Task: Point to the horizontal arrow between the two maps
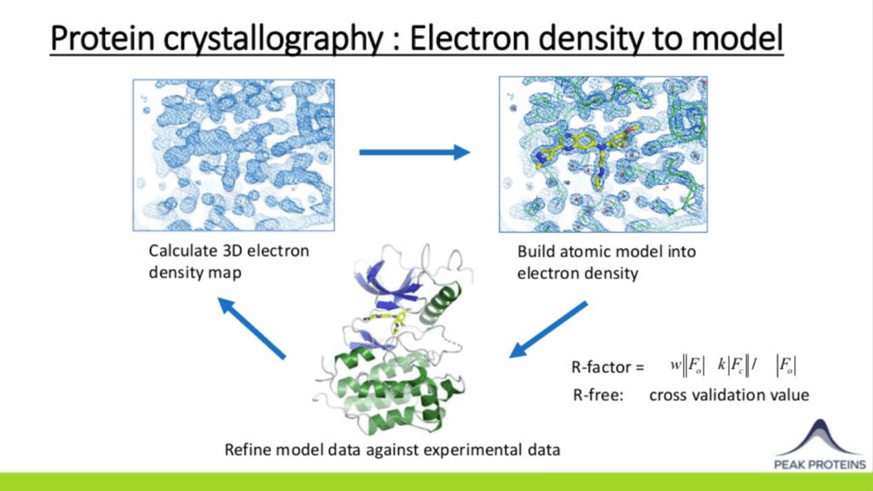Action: coord(415,152)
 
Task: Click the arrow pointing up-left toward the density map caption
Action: coord(251,328)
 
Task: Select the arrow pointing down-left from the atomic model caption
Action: coord(548,330)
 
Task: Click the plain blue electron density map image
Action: coord(234,155)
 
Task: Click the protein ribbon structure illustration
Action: coord(392,339)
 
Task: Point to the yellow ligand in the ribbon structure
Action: coord(390,321)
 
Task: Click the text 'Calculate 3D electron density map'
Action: coord(228,262)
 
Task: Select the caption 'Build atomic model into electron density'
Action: coord(606,263)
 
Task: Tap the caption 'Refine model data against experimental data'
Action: coord(392,449)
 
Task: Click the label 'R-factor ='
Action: coord(607,367)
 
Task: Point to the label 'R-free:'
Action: coord(598,395)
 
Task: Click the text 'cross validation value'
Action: coord(729,395)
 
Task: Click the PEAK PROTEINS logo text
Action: coord(819,465)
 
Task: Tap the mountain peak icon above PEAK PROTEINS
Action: coord(819,438)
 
